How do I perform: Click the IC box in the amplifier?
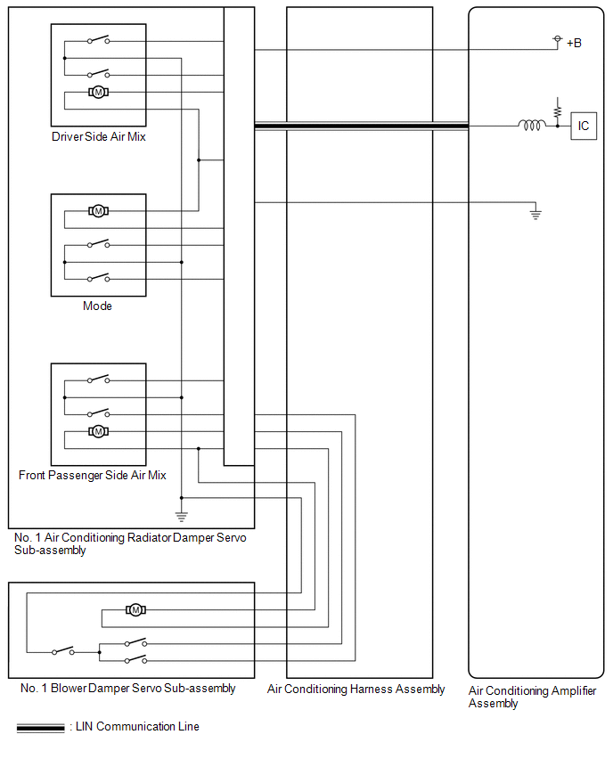[x=584, y=126]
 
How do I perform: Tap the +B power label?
[x=574, y=43]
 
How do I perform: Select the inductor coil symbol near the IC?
[x=531, y=126]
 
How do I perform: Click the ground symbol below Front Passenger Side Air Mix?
[x=182, y=516]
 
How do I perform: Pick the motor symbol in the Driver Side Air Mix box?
[x=98, y=92]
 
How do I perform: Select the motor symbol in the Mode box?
[x=98, y=211]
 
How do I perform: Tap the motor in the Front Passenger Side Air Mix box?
[x=98, y=431]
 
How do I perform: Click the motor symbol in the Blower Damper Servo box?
[x=135, y=610]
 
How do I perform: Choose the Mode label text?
[x=97, y=306]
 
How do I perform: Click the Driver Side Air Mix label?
[x=99, y=136]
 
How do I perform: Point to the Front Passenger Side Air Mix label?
[x=93, y=476]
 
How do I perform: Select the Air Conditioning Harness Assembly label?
[x=356, y=690]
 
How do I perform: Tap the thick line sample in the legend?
[x=41, y=728]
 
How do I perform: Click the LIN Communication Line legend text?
[x=137, y=727]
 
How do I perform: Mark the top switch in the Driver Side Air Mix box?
[x=99, y=40]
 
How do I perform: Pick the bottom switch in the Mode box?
[x=99, y=277]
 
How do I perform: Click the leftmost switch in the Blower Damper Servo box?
[x=63, y=651]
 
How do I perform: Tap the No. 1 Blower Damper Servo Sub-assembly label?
[x=127, y=689]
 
